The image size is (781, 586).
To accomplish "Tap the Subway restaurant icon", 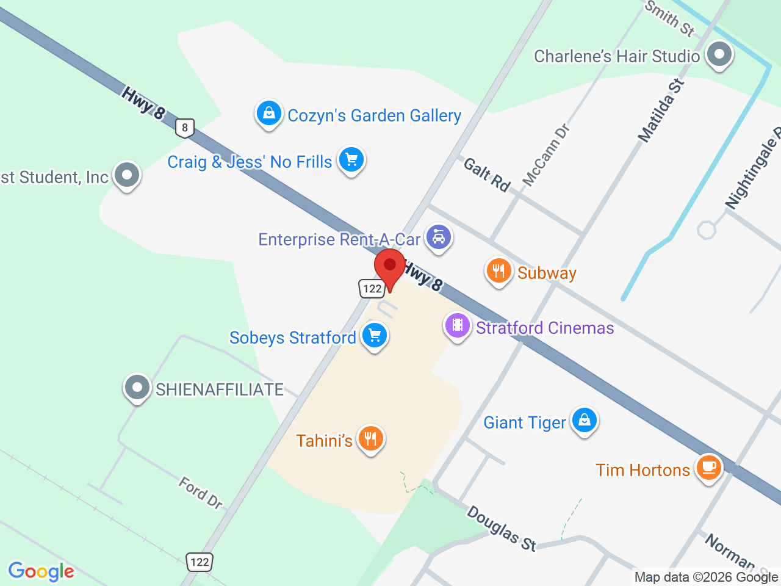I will [498, 270].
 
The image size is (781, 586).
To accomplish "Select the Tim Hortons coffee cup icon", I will [708, 468].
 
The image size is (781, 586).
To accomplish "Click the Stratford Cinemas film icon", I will [457, 325].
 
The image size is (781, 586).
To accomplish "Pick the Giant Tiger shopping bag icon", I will [585, 420].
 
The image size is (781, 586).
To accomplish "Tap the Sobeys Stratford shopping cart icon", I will [375, 335].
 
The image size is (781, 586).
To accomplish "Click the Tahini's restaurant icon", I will [370, 438].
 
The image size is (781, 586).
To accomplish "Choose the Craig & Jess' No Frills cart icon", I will [351, 159].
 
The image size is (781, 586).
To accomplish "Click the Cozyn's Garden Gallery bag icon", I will [268, 113].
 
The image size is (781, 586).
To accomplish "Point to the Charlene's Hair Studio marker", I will [719, 54].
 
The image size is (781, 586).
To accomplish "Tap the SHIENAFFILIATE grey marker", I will [137, 387].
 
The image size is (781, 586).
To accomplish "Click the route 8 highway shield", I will [185, 128].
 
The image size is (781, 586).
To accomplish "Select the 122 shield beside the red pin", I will [372, 289].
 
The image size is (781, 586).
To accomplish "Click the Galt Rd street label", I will [487, 175].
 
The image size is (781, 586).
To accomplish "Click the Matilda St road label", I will [661, 110].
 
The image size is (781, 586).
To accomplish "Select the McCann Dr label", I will [546, 154].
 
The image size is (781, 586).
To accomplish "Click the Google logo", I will [41, 572].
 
